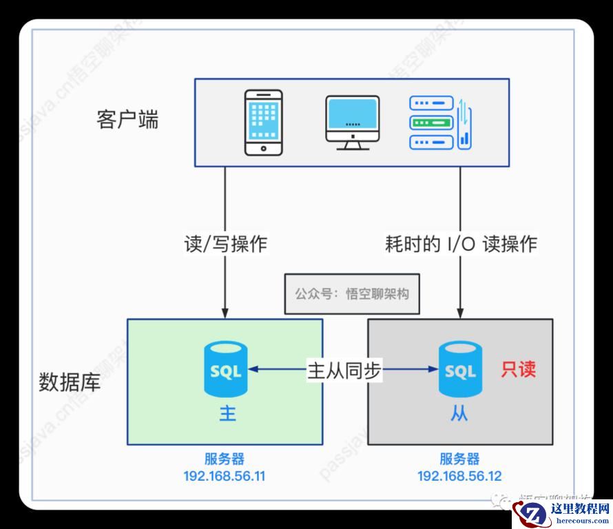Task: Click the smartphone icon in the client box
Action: [x=264, y=122]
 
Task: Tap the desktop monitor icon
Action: [x=352, y=122]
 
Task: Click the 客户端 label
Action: [x=127, y=119]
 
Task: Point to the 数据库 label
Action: [x=70, y=381]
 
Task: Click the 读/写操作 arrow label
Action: [x=225, y=243]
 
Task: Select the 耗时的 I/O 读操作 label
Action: [x=461, y=243]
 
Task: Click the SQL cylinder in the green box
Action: [x=225, y=370]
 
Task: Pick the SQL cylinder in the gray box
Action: [x=460, y=370]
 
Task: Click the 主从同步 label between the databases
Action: [x=343, y=370]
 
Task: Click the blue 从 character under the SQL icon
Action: [x=460, y=414]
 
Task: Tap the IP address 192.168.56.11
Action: [x=225, y=477]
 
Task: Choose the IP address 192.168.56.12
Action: [x=459, y=477]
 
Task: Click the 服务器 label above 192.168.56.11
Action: [x=225, y=459]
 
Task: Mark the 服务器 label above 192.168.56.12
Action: [x=459, y=459]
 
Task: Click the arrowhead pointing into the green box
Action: [x=225, y=312]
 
